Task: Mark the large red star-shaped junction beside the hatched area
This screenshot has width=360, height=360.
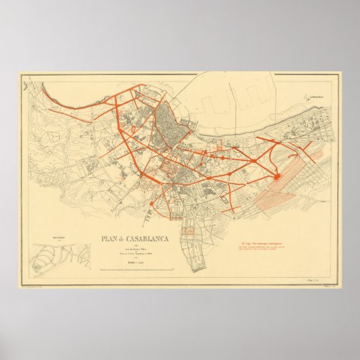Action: coord(278,177)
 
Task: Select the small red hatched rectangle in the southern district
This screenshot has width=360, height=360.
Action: coord(190,233)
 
